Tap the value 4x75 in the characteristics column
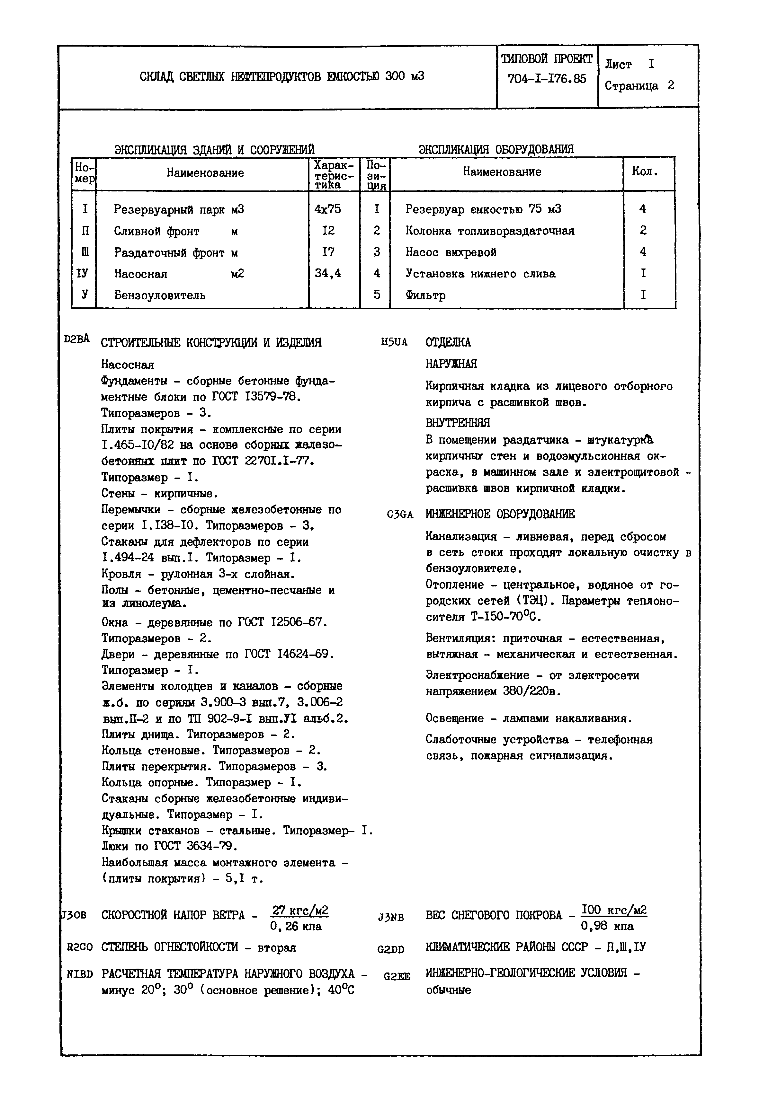tap(328, 209)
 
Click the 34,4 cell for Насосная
tap(328, 273)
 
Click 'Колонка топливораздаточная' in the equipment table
tap(489, 231)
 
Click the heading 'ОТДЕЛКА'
tap(448, 342)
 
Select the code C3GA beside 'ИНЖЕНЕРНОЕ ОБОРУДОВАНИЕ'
tap(400, 515)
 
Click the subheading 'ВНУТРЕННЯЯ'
tap(458, 423)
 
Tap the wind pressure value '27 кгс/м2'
tap(299, 911)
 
